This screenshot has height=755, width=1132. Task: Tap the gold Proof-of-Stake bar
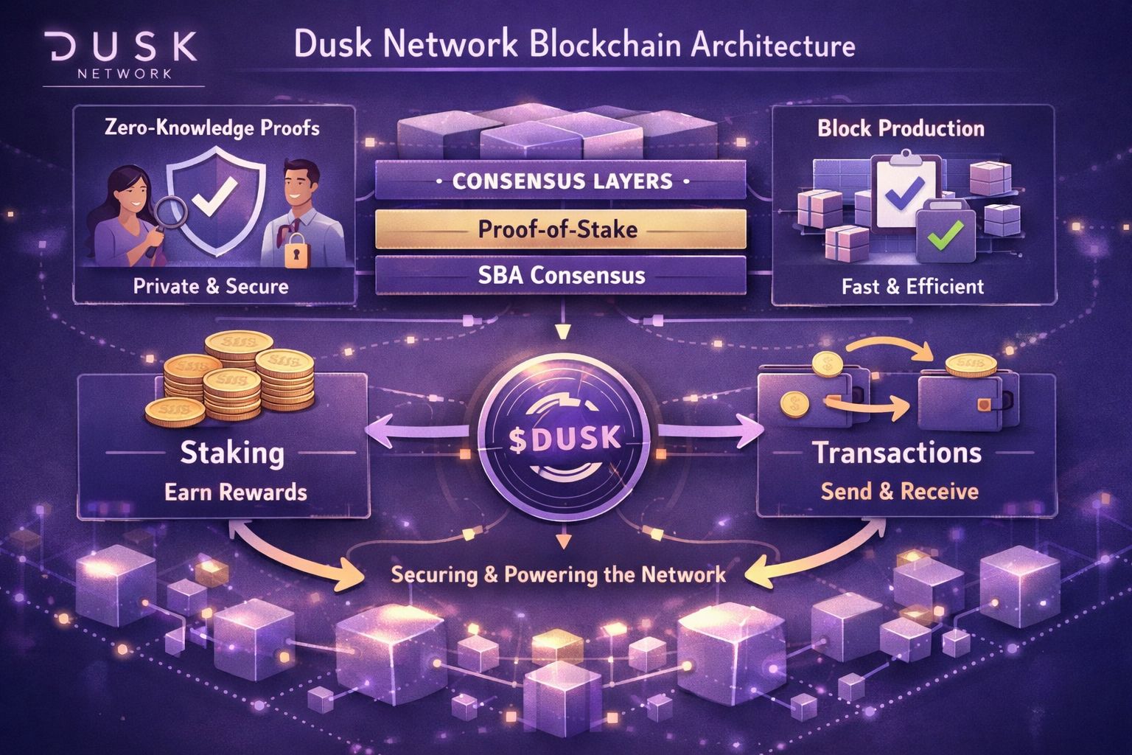point(560,229)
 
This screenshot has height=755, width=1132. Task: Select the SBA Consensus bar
point(560,276)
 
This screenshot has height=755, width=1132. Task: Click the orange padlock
point(296,252)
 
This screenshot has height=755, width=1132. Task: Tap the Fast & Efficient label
point(912,286)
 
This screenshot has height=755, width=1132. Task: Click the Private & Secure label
point(211,286)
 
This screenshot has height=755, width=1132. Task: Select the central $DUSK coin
point(564,438)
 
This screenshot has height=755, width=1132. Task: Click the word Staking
point(232,452)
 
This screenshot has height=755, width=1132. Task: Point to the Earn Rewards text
point(236,492)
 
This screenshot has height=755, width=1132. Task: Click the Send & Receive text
point(899,491)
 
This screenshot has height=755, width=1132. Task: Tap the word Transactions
point(897,452)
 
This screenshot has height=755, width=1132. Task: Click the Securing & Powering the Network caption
point(558,574)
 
